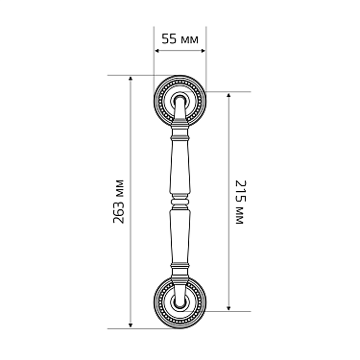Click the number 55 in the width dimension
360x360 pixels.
[169, 40]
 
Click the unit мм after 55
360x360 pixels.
[191, 40]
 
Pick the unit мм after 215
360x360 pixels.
[239, 220]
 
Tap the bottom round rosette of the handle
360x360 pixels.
[180, 302]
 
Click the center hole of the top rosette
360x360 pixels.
[180, 99]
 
